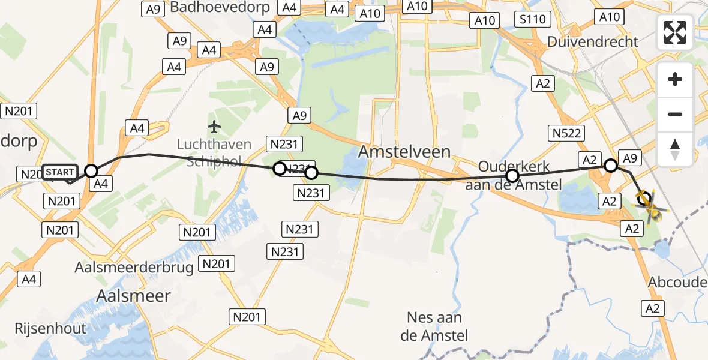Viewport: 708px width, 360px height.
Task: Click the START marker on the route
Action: (x=61, y=172)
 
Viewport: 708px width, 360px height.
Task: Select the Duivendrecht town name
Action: (x=592, y=42)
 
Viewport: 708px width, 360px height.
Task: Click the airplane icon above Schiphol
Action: (x=214, y=127)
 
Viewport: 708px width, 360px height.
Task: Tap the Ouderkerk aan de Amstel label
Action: (x=514, y=176)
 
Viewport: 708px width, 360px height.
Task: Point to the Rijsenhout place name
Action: (x=51, y=328)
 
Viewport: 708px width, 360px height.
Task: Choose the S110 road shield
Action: (x=533, y=19)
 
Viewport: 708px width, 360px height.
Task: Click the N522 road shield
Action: (x=566, y=133)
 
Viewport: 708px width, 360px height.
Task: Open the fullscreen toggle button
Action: (x=675, y=32)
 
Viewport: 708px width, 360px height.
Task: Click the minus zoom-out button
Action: (x=675, y=114)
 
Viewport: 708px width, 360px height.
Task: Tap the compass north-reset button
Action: (x=675, y=148)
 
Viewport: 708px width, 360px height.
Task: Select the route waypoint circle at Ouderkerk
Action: (x=512, y=176)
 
